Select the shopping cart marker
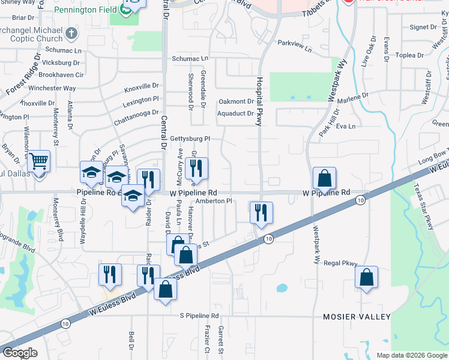(x=38, y=161)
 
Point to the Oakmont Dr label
(x=236, y=101)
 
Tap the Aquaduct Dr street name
(x=235, y=113)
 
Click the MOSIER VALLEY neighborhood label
(x=357, y=316)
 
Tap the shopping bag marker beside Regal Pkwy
(x=366, y=278)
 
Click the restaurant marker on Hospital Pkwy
(x=261, y=212)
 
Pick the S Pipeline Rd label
(x=200, y=316)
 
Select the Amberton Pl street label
(x=213, y=202)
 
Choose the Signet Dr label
(x=423, y=27)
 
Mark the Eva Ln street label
(x=346, y=126)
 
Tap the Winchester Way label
(x=53, y=88)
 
